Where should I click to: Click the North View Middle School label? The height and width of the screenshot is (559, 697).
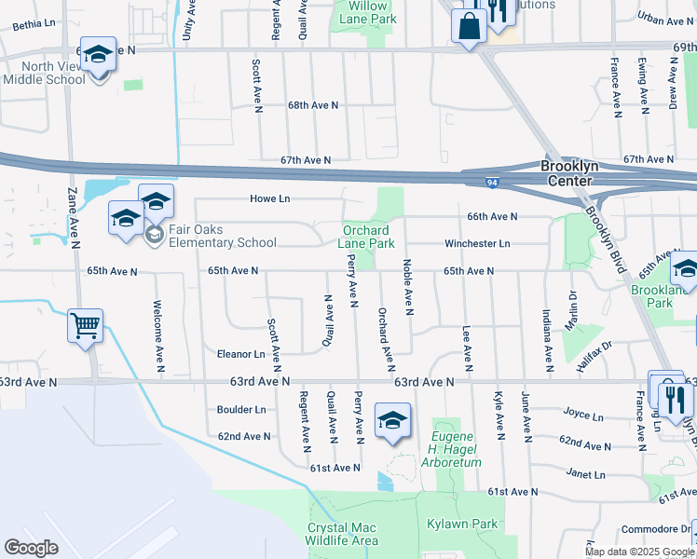pos(53,73)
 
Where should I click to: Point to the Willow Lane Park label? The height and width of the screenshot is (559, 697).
pos(366,12)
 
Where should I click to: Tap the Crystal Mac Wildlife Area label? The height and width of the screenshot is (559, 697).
pos(343,534)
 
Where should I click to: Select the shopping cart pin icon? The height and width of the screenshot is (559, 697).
pos(85,326)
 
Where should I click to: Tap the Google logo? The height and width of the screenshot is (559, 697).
pos(31,548)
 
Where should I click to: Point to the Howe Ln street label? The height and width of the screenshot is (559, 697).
pos(270,198)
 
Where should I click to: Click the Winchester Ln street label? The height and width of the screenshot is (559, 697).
pos(477,244)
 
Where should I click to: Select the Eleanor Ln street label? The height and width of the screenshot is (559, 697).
pos(241,354)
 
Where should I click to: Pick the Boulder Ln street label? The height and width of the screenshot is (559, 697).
pos(241,409)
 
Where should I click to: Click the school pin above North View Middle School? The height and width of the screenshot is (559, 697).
pos(98,55)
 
